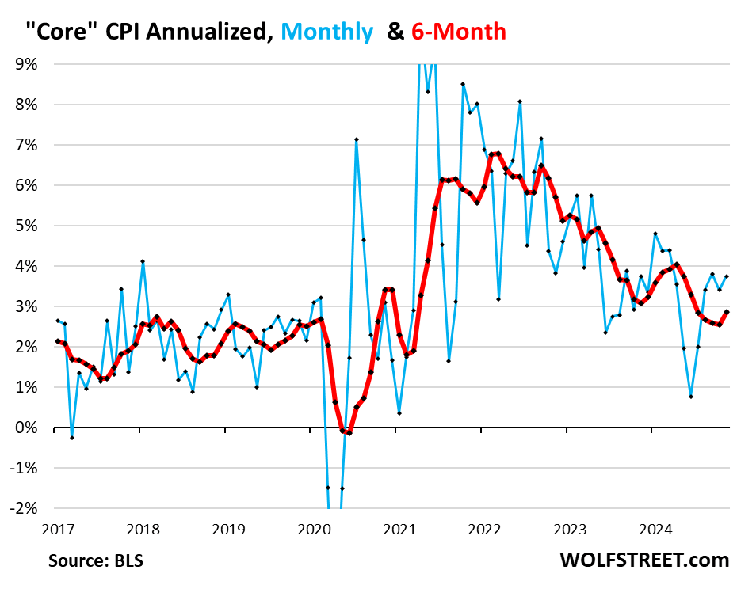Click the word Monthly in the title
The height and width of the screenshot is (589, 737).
point(326,32)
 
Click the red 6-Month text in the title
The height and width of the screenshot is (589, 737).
point(459,32)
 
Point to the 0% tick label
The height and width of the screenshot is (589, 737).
point(28,428)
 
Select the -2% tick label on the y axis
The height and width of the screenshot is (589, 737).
point(25,508)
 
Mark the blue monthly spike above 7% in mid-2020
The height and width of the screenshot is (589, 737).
point(357,140)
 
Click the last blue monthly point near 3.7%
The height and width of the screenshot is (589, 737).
point(727,276)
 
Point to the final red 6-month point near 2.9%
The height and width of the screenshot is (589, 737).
point(727,311)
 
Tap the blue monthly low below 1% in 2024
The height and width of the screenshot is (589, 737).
point(691,397)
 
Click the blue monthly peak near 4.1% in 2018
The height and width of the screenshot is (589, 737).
point(143,261)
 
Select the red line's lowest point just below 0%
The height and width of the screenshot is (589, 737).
point(349,433)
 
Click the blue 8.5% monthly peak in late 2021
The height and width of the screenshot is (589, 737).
point(463,84)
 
